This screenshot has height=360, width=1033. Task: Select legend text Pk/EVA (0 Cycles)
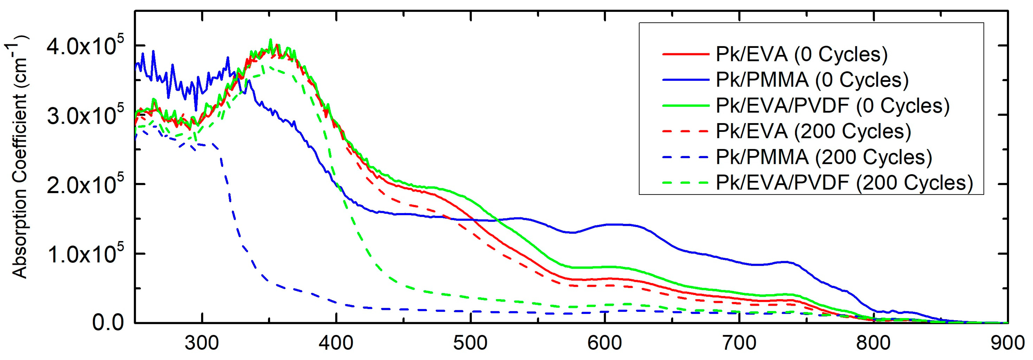point(802,54)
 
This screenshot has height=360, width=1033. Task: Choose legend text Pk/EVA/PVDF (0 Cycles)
point(832,106)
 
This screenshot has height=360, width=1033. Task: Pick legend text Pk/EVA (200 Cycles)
point(813,132)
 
